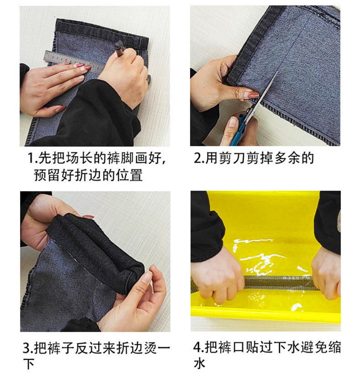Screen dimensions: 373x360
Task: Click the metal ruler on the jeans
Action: (x=68, y=58)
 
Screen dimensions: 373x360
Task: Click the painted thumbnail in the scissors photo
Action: (x=252, y=95)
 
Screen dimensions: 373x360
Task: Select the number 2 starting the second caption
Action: (x=197, y=159)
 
